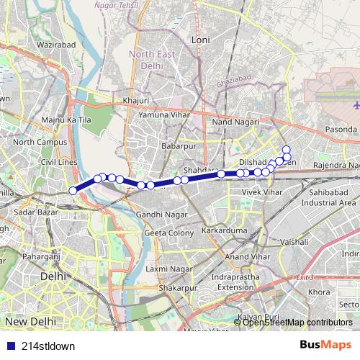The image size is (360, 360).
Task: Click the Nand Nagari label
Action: [x=230, y=123]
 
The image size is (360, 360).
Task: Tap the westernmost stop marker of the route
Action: [x=73, y=191]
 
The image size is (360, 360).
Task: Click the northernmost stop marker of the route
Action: [x=286, y=149]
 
